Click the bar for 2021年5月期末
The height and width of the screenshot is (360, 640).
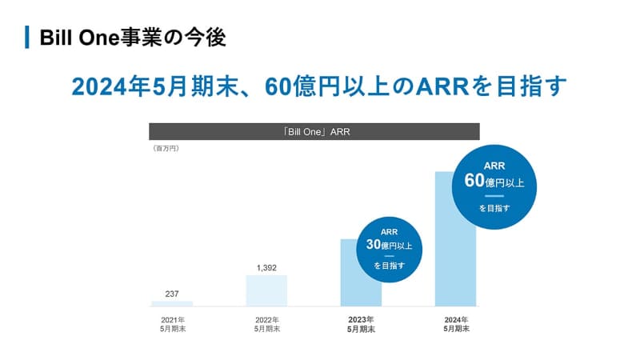[x=172, y=303]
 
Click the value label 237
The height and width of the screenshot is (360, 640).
[x=172, y=294]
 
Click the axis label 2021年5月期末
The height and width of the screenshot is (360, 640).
[x=172, y=324]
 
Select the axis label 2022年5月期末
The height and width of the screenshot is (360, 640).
[x=266, y=324]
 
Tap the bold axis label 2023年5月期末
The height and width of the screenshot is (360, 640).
[x=361, y=324]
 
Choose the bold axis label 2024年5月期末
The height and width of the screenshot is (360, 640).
[x=456, y=324]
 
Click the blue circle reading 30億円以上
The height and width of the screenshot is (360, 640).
[x=389, y=250]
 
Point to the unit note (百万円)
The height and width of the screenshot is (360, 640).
[x=166, y=149]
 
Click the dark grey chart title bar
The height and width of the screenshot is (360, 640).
[x=314, y=132]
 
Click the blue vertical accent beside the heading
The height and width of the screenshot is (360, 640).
[x=27, y=37]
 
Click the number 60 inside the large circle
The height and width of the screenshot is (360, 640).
[x=474, y=181]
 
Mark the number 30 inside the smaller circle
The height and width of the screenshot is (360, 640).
[x=372, y=246]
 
